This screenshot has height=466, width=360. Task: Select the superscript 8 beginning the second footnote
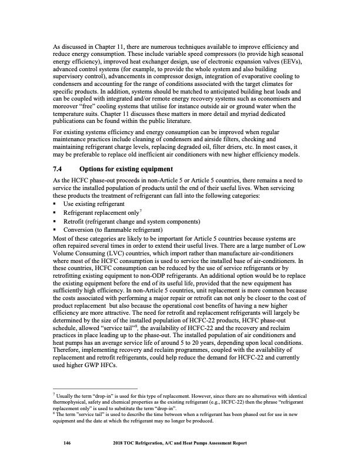(54, 413)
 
